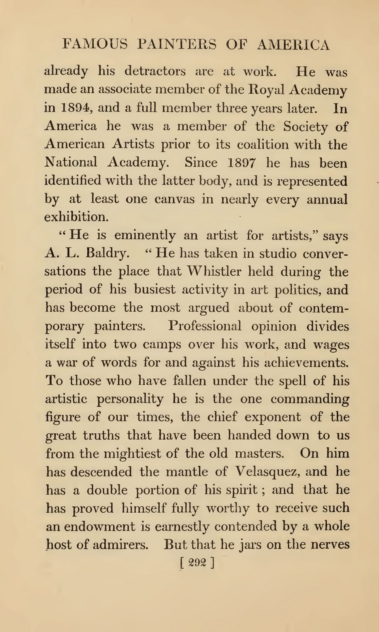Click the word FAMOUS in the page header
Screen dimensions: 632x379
[x=95, y=44]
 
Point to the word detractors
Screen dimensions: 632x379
[x=155, y=71]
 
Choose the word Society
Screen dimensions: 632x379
[x=305, y=126]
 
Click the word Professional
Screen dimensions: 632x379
[x=205, y=326]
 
